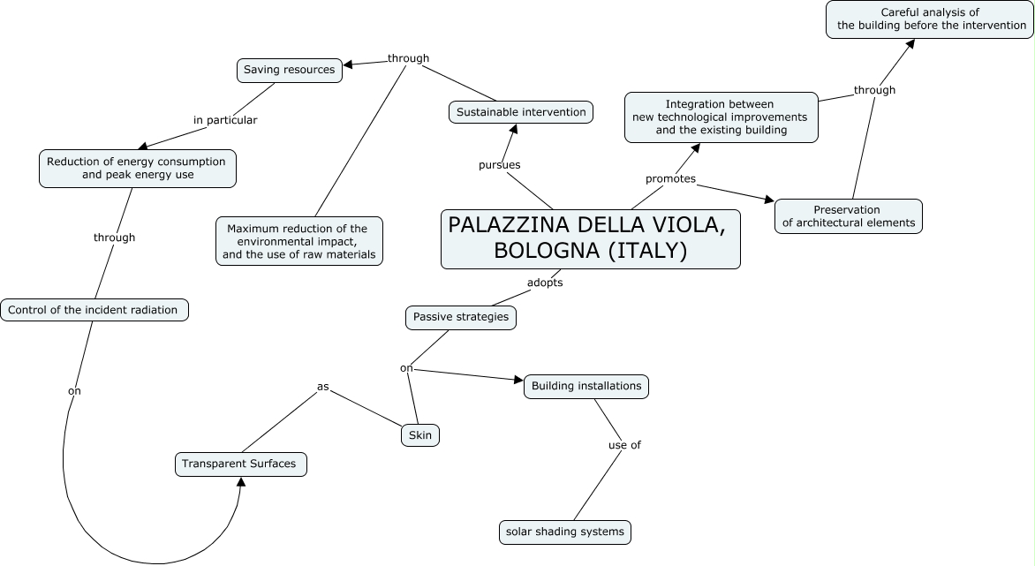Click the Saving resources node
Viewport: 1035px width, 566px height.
pos(289,70)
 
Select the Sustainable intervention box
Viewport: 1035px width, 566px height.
pos(521,112)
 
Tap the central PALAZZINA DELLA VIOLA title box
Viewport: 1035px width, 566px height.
pos(590,238)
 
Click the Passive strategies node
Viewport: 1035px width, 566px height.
pos(461,317)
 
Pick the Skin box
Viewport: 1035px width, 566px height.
pos(419,435)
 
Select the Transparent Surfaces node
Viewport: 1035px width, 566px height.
pos(240,464)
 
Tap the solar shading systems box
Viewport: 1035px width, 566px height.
pos(564,532)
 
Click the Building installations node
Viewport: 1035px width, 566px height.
pos(586,386)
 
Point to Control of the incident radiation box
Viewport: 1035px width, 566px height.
pos(94,310)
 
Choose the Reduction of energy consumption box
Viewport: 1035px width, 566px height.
pos(137,168)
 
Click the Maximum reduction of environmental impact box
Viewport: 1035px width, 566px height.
pos(298,241)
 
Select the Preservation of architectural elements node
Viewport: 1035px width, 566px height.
pos(848,216)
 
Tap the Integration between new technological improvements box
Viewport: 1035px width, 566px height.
pos(721,117)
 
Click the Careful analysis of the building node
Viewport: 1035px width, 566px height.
pos(929,19)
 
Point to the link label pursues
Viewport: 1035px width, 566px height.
pos(499,165)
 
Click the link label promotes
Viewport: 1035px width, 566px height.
pos(670,179)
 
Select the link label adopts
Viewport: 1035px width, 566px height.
pos(544,283)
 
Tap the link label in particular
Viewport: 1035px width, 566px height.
pos(225,120)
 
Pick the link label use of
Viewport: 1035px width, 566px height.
pos(624,445)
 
